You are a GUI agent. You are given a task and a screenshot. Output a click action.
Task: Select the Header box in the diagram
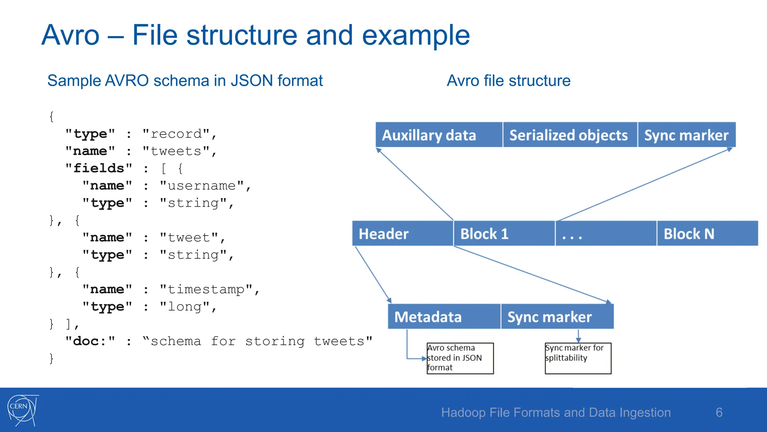click(403, 234)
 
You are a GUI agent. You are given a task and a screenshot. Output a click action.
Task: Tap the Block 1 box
click(504, 234)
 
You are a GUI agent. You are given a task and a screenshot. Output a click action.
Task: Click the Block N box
click(707, 234)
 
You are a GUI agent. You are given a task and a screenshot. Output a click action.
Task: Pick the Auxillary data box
click(439, 135)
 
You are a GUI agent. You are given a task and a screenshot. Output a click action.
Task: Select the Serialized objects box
click(570, 135)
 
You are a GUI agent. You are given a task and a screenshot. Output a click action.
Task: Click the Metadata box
click(444, 317)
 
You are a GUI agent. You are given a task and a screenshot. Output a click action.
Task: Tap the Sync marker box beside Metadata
click(557, 317)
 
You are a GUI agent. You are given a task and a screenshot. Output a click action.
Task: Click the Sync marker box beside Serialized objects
click(686, 135)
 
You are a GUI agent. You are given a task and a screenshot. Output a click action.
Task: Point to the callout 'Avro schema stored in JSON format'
click(460, 358)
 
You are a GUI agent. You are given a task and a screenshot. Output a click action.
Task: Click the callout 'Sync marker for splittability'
click(578, 358)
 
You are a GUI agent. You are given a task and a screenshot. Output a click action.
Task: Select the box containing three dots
click(606, 234)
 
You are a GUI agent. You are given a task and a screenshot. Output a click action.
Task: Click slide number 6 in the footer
click(719, 412)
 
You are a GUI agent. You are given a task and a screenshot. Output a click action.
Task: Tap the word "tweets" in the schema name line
click(176, 151)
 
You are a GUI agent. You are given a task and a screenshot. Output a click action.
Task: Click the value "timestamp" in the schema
click(206, 289)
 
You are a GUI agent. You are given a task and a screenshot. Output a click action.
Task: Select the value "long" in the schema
click(185, 307)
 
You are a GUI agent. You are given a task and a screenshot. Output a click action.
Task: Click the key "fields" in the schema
click(99, 168)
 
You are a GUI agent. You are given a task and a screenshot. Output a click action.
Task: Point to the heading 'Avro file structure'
click(508, 81)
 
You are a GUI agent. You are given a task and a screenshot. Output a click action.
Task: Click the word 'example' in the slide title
click(416, 35)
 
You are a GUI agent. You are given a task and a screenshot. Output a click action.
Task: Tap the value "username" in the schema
click(201, 186)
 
